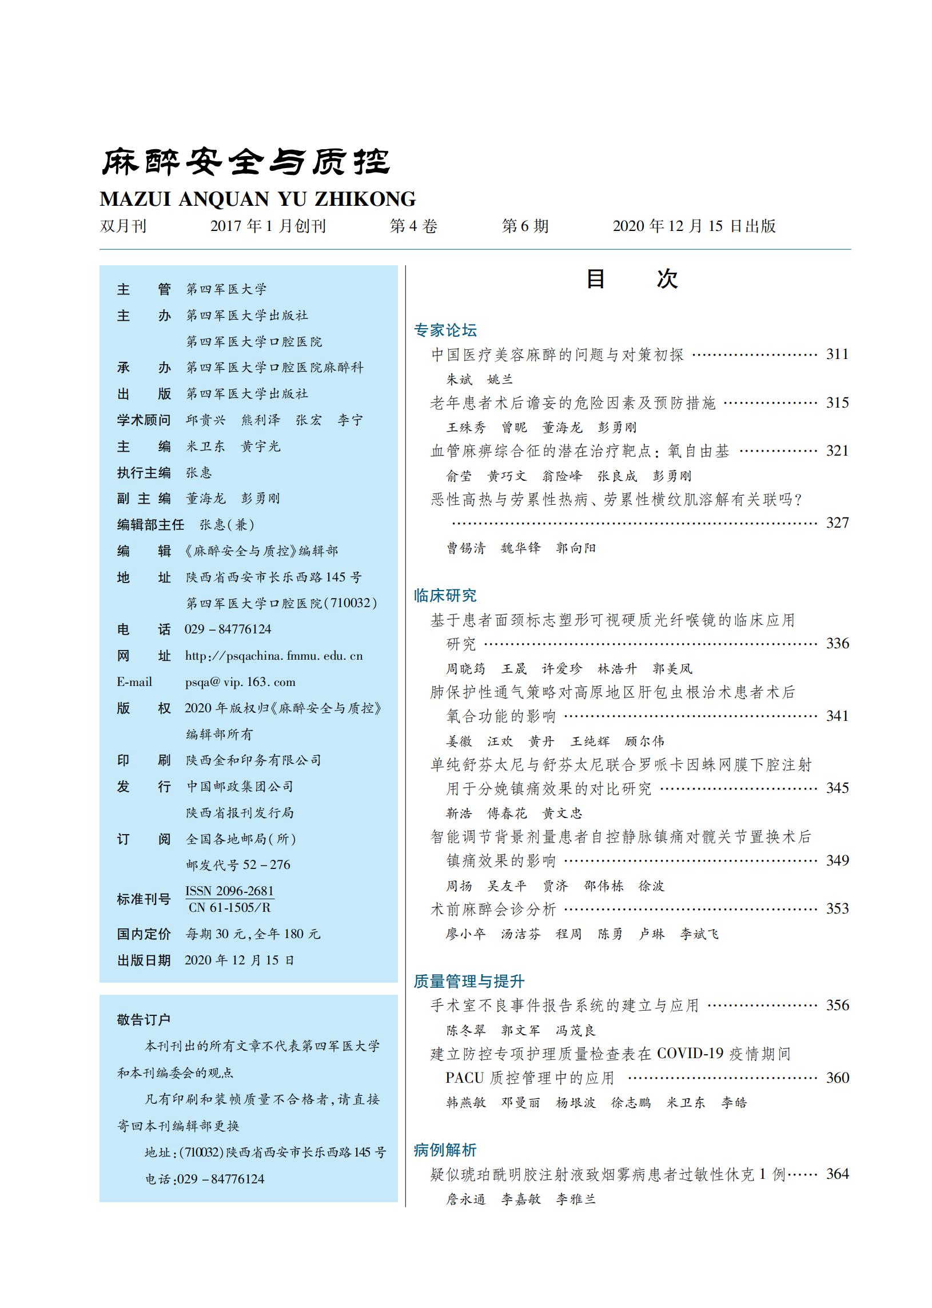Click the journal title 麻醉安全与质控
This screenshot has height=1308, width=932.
246,162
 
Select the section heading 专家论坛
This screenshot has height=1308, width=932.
445,330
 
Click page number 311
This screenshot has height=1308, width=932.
837,354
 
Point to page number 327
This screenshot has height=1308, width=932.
837,523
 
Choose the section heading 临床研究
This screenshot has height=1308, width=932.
445,596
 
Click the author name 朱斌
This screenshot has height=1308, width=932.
459,379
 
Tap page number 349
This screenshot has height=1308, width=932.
837,860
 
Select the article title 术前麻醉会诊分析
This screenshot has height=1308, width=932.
493,910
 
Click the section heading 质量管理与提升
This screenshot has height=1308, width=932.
469,982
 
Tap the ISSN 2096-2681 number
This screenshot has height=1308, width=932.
229,891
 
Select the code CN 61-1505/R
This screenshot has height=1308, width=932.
229,908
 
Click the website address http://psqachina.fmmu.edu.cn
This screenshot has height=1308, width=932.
274,656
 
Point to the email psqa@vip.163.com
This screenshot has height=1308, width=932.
240,682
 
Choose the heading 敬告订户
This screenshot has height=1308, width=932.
144,1020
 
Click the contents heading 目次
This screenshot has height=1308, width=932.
631,280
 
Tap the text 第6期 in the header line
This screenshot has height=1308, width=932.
525,226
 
